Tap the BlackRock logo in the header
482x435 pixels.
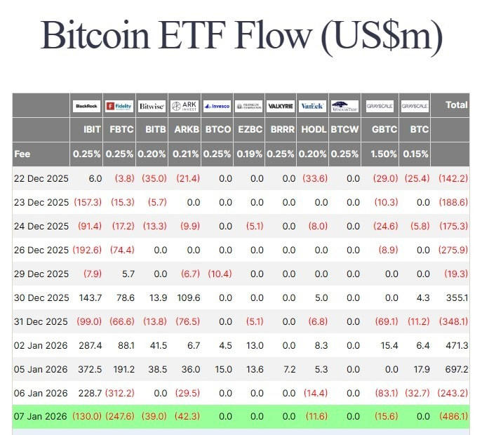pos(86,106)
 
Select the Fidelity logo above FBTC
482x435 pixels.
pos(119,106)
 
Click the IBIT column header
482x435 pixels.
pos(92,130)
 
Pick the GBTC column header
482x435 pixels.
pos(384,130)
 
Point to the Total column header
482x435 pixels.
pos(456,105)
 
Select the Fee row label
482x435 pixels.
pos(22,154)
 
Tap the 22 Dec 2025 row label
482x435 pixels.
pos(41,179)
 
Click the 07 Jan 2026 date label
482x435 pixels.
pos(41,417)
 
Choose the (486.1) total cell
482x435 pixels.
pos(453,417)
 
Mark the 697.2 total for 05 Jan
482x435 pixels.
pos(456,369)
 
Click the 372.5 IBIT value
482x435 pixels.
pos(90,369)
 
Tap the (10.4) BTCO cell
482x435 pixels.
pos(219,274)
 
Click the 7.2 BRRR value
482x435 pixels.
pos(288,369)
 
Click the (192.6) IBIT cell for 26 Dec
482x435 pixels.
pos(88,250)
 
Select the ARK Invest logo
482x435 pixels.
pos(185,106)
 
